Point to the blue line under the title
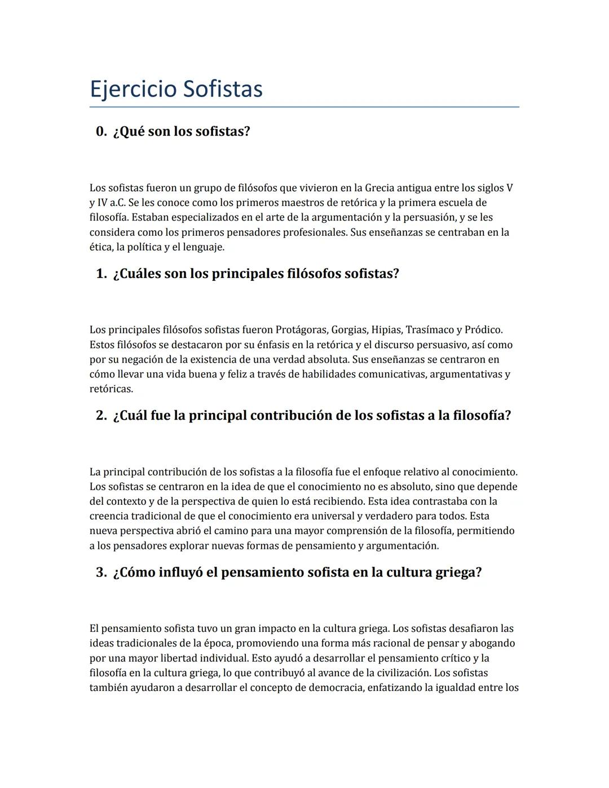pyautogui.click(x=304, y=107)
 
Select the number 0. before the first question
pyautogui.click(x=101, y=131)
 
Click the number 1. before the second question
pyautogui.click(x=101, y=274)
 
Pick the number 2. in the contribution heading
pyautogui.click(x=101, y=416)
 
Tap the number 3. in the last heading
pyautogui.click(x=101, y=573)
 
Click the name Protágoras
pyautogui.click(x=301, y=329)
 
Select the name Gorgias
pyautogui.click(x=349, y=329)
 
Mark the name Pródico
pyautogui.click(x=483, y=329)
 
